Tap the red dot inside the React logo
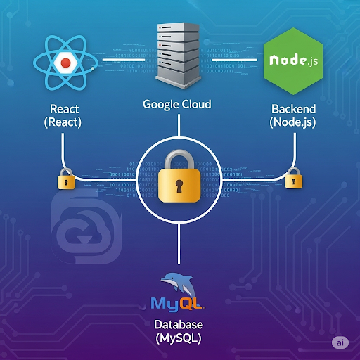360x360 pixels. [x=65, y=63]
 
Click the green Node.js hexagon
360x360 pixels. [x=291, y=62]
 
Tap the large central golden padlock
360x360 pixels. [x=180, y=179]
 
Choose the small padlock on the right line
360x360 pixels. [x=292, y=180]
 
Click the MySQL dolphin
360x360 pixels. [x=180, y=285]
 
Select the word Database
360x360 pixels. [x=179, y=325]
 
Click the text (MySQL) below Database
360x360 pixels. [x=179, y=339]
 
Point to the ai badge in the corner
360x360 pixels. [x=340, y=342]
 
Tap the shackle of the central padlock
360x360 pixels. [x=180, y=157]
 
